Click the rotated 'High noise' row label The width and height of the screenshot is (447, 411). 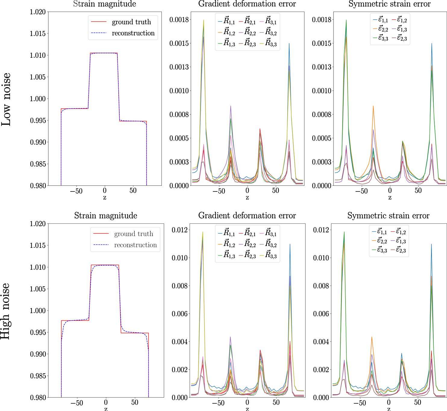tap(5, 311)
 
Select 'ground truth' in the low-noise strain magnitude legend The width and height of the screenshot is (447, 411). tap(131, 22)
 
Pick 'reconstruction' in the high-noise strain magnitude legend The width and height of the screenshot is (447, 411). tap(135, 245)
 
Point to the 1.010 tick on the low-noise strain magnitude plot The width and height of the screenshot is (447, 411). tap(38, 55)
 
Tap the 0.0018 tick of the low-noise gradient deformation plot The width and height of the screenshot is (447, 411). tap(179, 20)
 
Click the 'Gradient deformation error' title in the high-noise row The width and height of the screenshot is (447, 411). tap(247, 216)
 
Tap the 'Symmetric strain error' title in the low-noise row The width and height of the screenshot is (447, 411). tap(389, 4)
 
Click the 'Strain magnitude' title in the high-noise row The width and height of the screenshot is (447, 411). tap(105, 216)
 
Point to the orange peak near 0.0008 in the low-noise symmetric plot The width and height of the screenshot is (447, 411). tap(373, 106)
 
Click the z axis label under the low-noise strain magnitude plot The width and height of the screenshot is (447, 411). tap(105, 198)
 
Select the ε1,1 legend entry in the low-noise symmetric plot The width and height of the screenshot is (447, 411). tap(380, 20)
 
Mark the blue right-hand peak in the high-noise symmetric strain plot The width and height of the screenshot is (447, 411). tap(431, 244)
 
